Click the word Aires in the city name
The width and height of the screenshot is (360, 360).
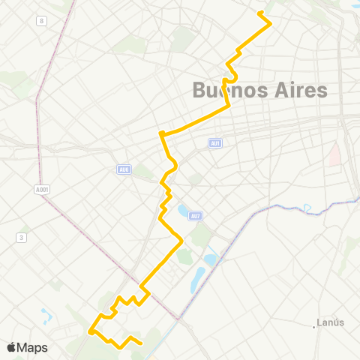[x=299, y=91]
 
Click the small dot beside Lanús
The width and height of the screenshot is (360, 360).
[x=314, y=326]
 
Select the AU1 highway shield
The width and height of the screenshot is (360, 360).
[x=215, y=142]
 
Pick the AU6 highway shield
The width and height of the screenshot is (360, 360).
[x=124, y=169]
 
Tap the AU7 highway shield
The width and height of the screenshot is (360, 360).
[x=195, y=216]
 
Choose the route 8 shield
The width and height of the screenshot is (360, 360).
[x=42, y=21]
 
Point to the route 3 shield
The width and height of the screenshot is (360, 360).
[x=22, y=237]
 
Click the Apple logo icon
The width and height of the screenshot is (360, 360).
[x=12, y=347]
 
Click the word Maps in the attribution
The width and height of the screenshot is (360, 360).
[x=33, y=347]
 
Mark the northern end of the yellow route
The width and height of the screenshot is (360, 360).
[x=260, y=13]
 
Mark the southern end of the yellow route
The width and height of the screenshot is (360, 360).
[x=141, y=343]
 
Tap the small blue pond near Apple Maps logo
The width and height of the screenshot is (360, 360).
[x=46, y=315]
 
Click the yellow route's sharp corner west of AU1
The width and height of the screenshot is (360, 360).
[x=161, y=134]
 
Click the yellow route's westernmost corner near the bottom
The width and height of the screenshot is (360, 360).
[x=90, y=331]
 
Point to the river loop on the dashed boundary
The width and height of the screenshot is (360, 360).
[x=307, y=208]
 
